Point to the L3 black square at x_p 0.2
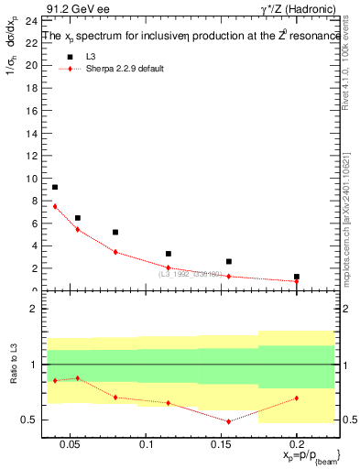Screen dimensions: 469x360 297,276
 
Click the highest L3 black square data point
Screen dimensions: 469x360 55,187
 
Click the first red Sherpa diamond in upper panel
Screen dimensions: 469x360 55,206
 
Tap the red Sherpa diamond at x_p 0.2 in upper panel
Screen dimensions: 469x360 297,281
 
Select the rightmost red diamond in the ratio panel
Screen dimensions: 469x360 297,398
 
